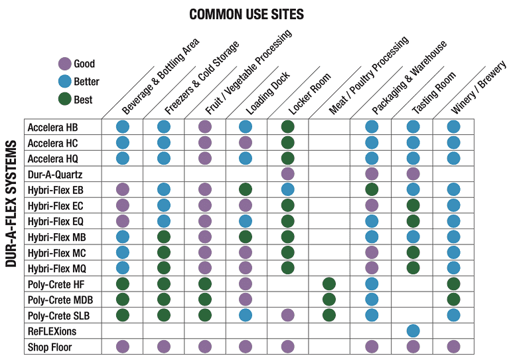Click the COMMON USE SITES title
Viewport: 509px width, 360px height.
tap(246, 14)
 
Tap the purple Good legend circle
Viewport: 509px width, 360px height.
tap(64, 64)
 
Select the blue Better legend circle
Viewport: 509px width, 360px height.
tap(64, 82)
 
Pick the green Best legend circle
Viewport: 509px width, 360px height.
tap(64, 100)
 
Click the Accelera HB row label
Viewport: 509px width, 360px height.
tap(52, 127)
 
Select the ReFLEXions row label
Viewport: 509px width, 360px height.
tap(51, 331)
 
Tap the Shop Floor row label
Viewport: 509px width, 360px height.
tap(50, 347)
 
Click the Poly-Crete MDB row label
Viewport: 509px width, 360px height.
tap(59, 300)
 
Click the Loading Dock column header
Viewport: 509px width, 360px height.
tap(265, 92)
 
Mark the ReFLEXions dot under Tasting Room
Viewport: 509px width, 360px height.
tap(413, 331)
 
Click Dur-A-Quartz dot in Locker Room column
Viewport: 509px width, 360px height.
tap(287, 174)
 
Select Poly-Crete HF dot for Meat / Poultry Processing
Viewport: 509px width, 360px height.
tap(329, 284)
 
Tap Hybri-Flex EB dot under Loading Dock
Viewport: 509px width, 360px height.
tap(246, 189)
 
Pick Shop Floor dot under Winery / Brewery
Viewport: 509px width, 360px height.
tap(454, 346)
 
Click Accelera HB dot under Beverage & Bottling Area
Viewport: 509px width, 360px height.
tap(123, 127)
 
